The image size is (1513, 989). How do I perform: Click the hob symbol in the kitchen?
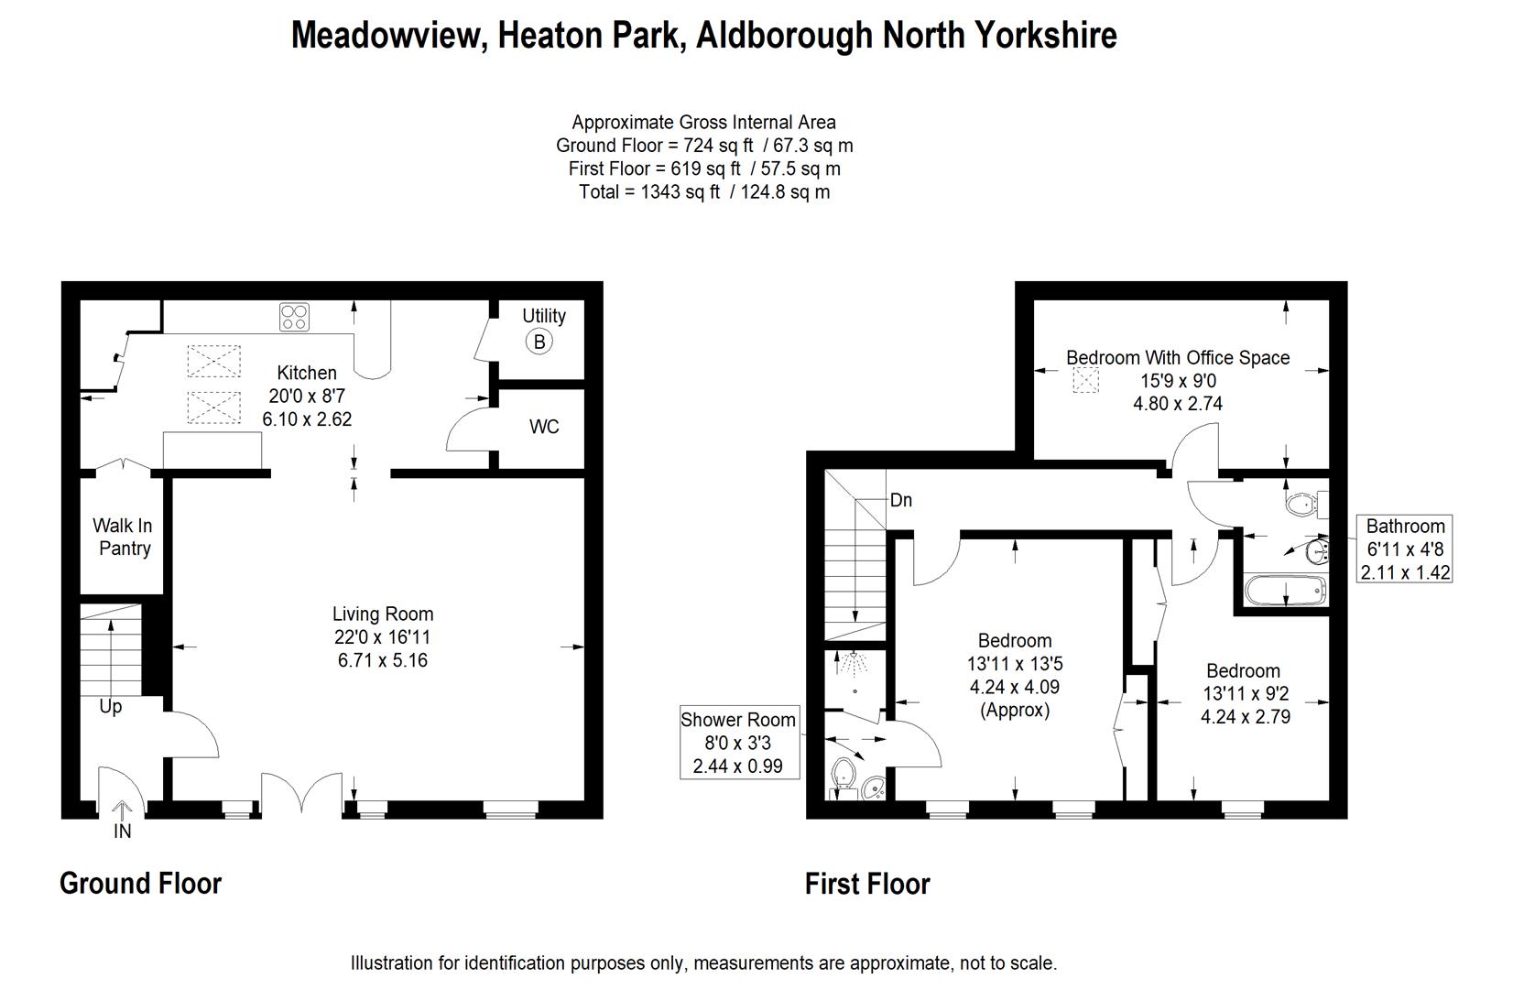click(x=294, y=317)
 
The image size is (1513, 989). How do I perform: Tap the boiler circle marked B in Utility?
click(x=539, y=342)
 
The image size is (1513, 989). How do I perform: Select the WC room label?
click(x=544, y=427)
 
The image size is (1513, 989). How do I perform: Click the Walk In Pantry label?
click(x=123, y=537)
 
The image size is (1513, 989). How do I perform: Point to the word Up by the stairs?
click(x=110, y=707)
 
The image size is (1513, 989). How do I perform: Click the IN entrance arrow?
click(x=122, y=810)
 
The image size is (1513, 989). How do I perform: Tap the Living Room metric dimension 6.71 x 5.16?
click(x=383, y=660)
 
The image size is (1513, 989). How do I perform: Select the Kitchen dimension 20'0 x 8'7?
click(x=306, y=396)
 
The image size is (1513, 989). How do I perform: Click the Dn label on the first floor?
click(x=901, y=500)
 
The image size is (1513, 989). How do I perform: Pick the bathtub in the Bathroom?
click(x=1286, y=591)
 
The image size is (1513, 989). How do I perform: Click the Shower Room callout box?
click(x=739, y=743)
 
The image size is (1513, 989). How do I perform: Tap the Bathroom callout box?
click(x=1405, y=549)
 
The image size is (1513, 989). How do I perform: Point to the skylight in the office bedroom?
click(x=1085, y=380)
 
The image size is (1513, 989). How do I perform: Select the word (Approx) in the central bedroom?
click(x=1014, y=710)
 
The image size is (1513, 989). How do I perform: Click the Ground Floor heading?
click(x=140, y=883)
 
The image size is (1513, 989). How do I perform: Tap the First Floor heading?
click(x=867, y=884)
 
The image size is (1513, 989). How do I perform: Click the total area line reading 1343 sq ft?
click(x=704, y=192)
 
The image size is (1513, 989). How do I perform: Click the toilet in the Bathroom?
click(x=1303, y=504)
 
